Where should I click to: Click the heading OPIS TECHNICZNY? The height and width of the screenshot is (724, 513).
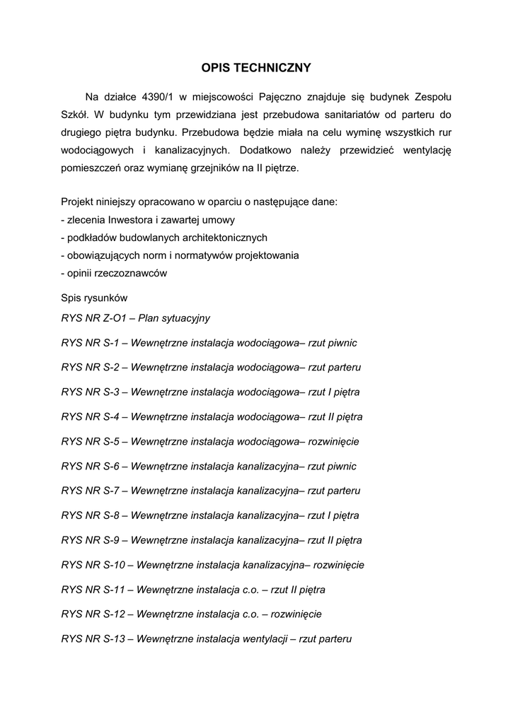click(x=256, y=68)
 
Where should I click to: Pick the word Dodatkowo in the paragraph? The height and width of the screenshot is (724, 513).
click(x=269, y=150)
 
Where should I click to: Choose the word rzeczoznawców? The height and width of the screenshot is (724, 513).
click(x=132, y=273)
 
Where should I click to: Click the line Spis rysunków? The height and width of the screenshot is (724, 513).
click(x=94, y=298)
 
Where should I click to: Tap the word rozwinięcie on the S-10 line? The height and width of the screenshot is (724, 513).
click(x=339, y=564)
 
